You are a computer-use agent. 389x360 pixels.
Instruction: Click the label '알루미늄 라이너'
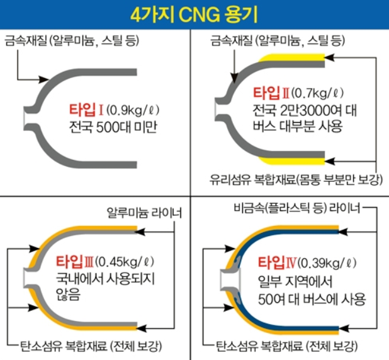[x=143, y=214]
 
